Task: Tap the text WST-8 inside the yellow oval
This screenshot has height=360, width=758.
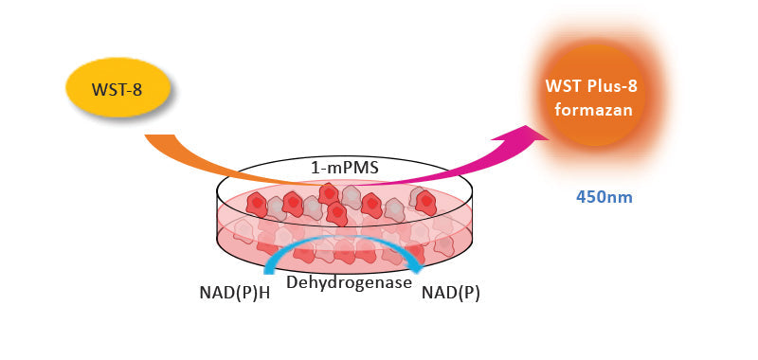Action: coord(117,90)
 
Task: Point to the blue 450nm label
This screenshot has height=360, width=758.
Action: coord(604,198)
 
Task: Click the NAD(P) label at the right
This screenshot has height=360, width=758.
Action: coord(450,292)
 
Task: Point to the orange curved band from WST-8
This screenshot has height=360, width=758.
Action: coord(218,161)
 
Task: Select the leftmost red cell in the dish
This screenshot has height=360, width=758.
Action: coord(258,202)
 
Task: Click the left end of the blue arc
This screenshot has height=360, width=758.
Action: coord(268,273)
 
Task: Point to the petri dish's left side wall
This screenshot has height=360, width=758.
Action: coord(219,223)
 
